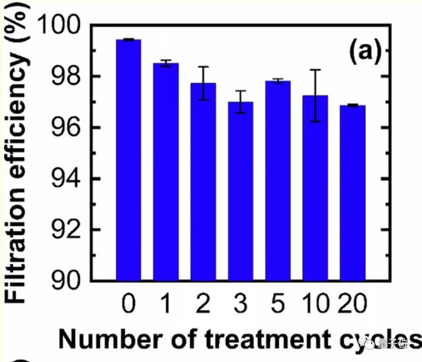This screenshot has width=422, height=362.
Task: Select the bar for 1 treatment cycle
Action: [166, 171]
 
